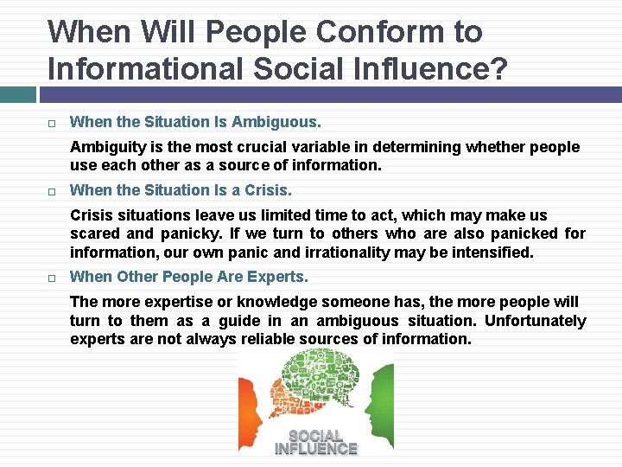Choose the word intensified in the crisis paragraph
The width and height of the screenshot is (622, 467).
492,253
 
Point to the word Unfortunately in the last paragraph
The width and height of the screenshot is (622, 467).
536,321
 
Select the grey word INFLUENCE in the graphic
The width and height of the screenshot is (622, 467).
315,449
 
